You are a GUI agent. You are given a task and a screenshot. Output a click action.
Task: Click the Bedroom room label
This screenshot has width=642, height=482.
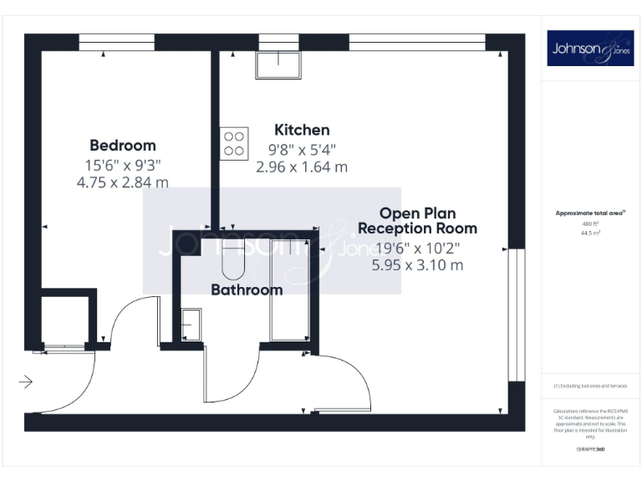click(x=123, y=145)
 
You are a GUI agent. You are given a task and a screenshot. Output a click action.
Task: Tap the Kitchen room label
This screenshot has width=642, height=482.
click(x=302, y=130)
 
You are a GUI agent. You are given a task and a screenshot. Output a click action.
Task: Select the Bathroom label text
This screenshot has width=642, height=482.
click(x=246, y=290)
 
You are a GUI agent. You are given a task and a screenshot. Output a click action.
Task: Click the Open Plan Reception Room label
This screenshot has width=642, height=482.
click(x=417, y=220)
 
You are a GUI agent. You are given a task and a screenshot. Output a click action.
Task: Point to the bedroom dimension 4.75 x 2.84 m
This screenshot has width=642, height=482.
click(x=122, y=181)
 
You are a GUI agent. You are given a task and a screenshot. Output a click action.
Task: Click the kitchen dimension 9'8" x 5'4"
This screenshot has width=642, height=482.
click(x=302, y=150)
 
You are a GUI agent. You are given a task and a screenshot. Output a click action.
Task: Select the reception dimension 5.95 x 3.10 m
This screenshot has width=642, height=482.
click(x=417, y=265)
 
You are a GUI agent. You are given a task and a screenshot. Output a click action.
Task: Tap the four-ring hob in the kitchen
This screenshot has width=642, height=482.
click(x=234, y=142)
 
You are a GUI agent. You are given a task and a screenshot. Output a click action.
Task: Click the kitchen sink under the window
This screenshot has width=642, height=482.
click(x=278, y=65)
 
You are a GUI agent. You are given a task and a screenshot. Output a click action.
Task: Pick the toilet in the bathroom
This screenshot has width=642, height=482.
click(x=231, y=261)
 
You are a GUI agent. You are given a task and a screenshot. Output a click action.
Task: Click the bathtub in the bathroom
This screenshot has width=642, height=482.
click(x=289, y=289)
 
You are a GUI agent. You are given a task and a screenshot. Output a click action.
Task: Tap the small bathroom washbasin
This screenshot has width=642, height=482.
click(x=191, y=324)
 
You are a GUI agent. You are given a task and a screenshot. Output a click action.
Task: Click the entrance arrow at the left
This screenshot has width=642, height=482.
click(x=25, y=382)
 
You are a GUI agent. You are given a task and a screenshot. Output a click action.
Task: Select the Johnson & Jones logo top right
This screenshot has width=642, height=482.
click(x=590, y=49)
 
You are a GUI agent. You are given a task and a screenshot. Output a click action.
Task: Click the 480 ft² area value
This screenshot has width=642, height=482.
click(x=590, y=224)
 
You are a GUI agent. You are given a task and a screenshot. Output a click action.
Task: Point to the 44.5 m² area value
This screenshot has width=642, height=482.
click(x=590, y=233)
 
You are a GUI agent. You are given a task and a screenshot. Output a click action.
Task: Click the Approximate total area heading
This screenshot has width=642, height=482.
click(x=590, y=213)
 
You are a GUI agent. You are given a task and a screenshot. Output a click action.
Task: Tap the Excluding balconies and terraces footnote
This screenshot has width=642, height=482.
click(x=590, y=386)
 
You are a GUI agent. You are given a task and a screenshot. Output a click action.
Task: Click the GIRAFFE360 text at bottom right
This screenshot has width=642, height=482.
click(x=590, y=450)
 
